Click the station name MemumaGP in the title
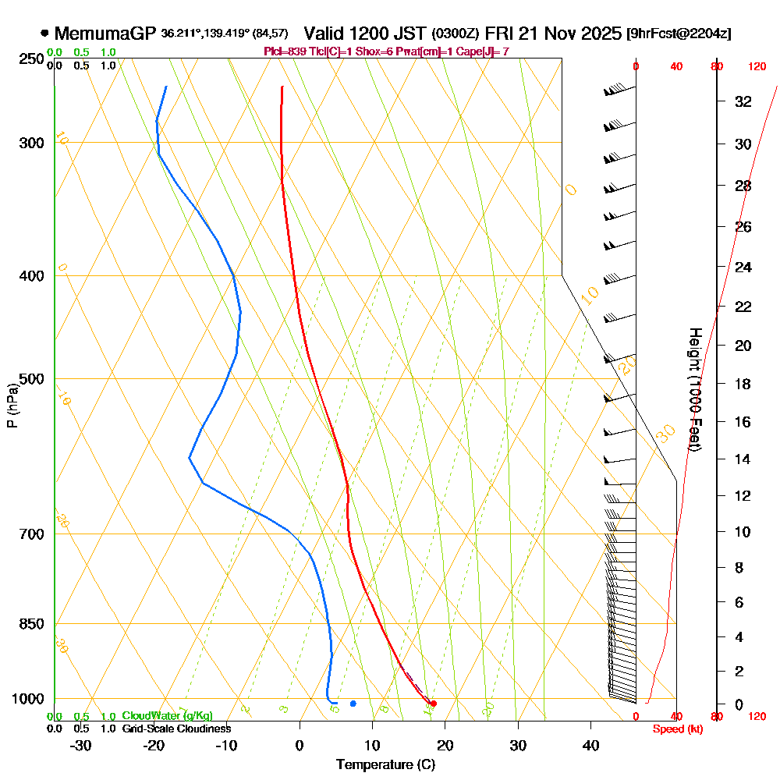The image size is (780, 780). [106, 34]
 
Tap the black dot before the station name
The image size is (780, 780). [44, 34]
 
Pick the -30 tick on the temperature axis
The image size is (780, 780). [81, 746]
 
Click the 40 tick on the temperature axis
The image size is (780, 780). [590, 746]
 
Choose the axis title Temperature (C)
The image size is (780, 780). [385, 764]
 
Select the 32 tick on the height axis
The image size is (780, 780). [743, 101]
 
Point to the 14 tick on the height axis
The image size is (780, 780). [743, 459]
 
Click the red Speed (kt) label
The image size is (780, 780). [676, 729]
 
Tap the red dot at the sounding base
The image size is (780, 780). [434, 704]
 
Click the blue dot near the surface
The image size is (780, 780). [353, 704]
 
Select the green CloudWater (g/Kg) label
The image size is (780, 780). [167, 716]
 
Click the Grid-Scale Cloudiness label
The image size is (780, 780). [175, 729]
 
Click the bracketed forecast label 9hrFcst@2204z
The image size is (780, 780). [679, 34]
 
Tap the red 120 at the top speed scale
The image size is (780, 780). [757, 67]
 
